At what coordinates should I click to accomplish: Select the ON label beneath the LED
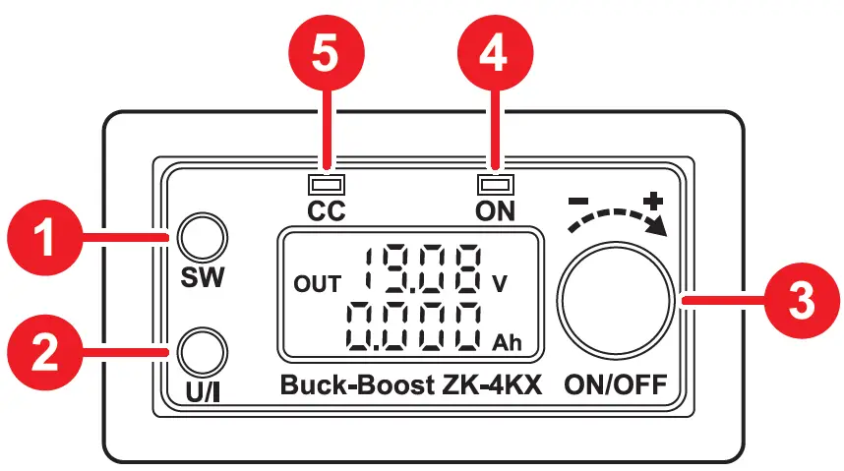494,210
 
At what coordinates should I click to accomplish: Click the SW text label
204,277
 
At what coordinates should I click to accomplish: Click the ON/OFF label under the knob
615,384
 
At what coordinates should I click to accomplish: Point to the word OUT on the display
317,284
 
